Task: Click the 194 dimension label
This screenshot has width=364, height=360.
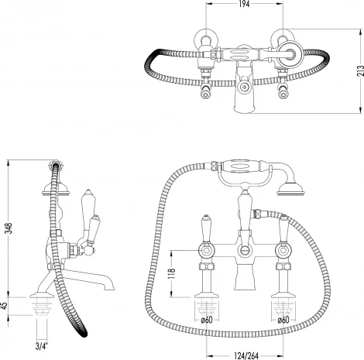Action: [244, 4]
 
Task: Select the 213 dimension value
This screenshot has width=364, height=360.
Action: [360, 71]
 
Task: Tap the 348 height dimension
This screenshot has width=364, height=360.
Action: [9, 228]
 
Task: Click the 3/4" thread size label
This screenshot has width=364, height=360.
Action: [42, 346]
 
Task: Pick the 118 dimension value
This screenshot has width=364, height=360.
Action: [172, 273]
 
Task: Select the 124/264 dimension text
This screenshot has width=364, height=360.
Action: [246, 356]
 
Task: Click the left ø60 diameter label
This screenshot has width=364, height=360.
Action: [207, 320]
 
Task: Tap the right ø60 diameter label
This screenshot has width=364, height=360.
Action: [283, 320]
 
